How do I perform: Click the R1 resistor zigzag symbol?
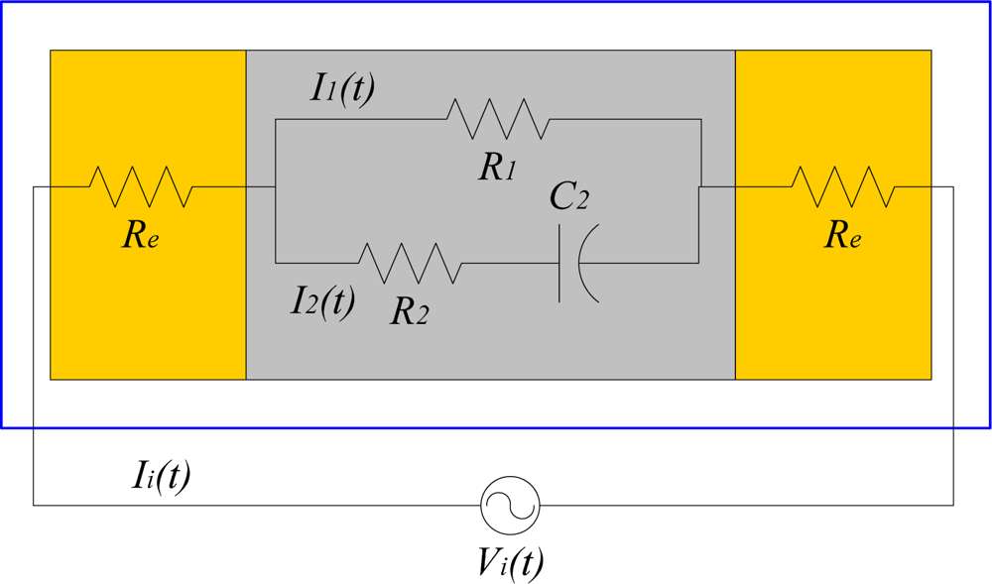click(x=497, y=119)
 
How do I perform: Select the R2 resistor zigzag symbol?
click(x=410, y=263)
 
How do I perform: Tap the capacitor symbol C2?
click(x=577, y=263)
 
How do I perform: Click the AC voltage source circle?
click(x=510, y=505)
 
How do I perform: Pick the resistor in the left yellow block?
click(x=140, y=186)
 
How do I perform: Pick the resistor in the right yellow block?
click(x=843, y=186)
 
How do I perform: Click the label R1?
click(x=497, y=167)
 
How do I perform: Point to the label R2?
click(x=409, y=310)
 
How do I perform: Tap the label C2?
click(x=569, y=196)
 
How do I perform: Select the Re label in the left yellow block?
click(x=140, y=235)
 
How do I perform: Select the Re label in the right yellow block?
click(x=842, y=235)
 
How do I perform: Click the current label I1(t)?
click(x=342, y=88)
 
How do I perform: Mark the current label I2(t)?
click(x=322, y=299)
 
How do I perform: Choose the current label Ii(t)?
click(x=161, y=476)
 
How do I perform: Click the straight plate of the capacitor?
click(x=560, y=263)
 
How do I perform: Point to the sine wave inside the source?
click(x=510, y=505)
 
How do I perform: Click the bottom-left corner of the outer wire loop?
click(x=34, y=505)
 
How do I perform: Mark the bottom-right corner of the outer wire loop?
click(x=953, y=505)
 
